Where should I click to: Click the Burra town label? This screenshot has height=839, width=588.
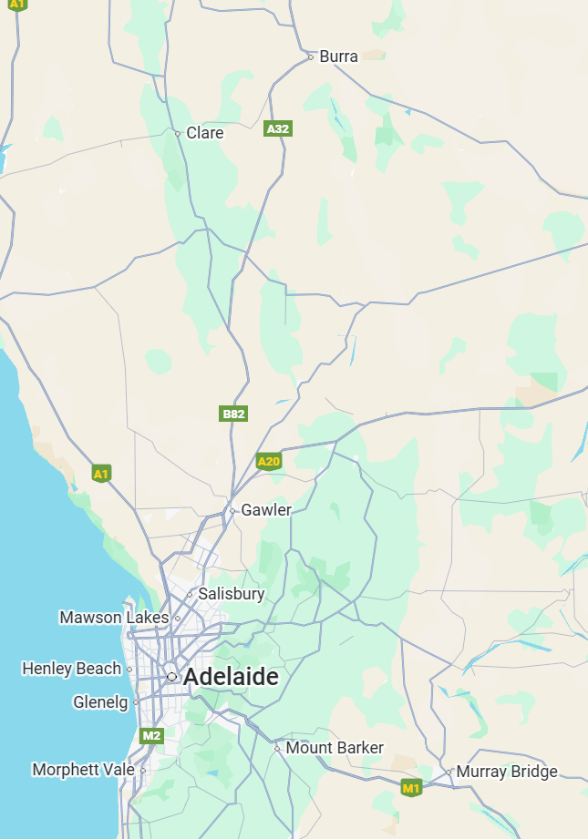point(338,56)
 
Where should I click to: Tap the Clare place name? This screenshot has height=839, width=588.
point(204,133)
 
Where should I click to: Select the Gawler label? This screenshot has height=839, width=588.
point(265,510)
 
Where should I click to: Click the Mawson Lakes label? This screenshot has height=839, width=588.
point(114,618)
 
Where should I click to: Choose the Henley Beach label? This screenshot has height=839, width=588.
point(71,669)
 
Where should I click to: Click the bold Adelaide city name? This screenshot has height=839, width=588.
point(231,678)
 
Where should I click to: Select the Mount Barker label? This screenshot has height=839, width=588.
point(335,748)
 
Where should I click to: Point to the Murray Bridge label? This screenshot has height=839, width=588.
point(506,772)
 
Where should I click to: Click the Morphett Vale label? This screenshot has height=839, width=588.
point(83,770)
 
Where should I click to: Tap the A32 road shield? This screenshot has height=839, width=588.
point(277,128)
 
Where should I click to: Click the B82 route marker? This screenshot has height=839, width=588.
point(234,414)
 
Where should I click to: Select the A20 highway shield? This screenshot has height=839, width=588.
point(269,461)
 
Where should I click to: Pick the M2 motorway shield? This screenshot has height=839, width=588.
point(151,735)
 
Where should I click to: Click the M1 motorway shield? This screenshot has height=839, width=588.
point(412,787)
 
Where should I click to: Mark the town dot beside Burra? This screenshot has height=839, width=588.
point(310,56)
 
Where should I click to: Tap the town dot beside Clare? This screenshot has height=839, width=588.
point(178,133)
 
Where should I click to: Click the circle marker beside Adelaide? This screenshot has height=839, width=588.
point(171,677)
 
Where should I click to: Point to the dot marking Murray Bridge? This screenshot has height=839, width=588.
point(449,772)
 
